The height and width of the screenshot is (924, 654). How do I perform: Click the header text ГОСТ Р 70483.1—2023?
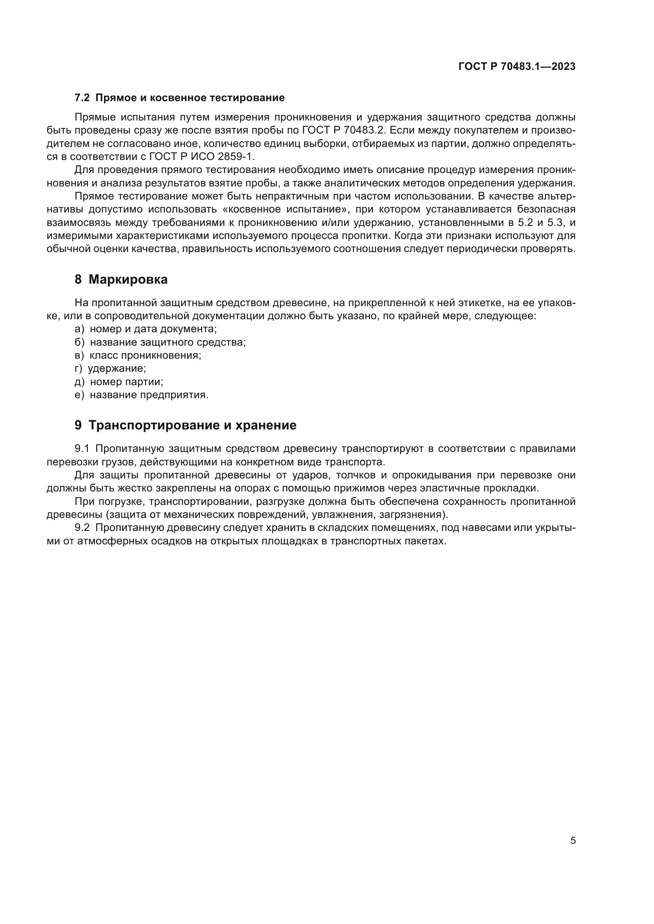point(517,67)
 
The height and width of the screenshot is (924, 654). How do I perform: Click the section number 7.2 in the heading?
point(82,98)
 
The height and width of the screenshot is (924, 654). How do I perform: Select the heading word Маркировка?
point(128,279)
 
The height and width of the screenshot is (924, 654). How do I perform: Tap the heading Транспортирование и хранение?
point(192,425)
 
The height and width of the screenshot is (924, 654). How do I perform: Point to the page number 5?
point(573,841)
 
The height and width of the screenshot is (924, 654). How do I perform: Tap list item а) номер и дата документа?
point(146,329)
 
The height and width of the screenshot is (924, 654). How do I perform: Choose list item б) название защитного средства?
point(160,342)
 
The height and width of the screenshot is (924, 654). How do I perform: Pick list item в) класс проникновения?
point(138,356)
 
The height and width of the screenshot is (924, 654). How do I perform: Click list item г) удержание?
point(110,368)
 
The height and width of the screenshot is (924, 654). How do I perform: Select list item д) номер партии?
point(119,382)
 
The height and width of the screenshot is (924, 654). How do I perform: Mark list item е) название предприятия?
point(142,395)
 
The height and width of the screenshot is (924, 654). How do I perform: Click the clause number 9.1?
point(82,449)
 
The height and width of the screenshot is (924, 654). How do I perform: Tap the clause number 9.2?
point(82,528)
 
